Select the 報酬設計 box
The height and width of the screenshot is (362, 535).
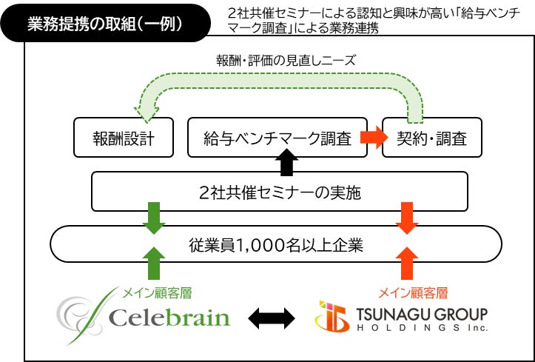tap(124, 138)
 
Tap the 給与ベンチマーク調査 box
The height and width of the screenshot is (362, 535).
tap(277, 138)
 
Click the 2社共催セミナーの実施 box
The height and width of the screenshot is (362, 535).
tap(280, 192)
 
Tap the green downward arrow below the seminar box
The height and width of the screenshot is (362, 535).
tap(152, 217)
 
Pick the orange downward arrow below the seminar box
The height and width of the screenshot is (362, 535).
tap(406, 217)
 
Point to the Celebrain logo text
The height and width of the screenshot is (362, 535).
tap(169, 318)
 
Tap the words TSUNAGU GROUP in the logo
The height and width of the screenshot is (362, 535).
tap(420, 311)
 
